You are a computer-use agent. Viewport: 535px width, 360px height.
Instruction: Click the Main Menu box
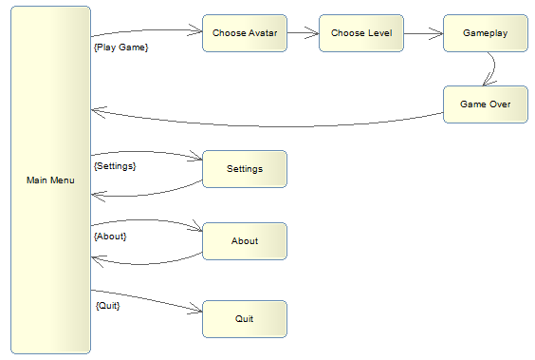coord(50,180)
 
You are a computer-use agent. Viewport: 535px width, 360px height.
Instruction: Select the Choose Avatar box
coord(244,33)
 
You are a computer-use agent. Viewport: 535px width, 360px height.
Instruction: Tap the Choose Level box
coord(360,33)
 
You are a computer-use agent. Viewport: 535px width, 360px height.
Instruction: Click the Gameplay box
coord(485,33)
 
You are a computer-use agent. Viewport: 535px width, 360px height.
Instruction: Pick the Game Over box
coord(485,104)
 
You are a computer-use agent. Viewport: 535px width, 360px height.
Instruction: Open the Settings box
coord(244,169)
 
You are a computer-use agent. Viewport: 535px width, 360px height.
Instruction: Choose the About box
coord(244,241)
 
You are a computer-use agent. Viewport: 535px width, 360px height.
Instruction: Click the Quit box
coord(244,318)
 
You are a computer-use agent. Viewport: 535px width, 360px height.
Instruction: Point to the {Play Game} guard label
coord(121,47)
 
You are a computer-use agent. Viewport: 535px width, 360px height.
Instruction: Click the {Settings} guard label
coord(116,166)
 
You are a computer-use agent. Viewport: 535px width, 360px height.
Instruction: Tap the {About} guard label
coord(111,236)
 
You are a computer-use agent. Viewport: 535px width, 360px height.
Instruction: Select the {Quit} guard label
coord(107,306)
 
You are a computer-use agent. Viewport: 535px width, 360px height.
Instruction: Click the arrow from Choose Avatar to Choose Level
coord(303,33)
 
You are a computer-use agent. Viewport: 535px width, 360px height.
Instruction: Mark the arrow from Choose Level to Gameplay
coord(422,33)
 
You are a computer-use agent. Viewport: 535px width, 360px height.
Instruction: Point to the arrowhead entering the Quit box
coord(197,310)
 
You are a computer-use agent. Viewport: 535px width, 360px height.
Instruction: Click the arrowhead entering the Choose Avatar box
coord(197,31)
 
